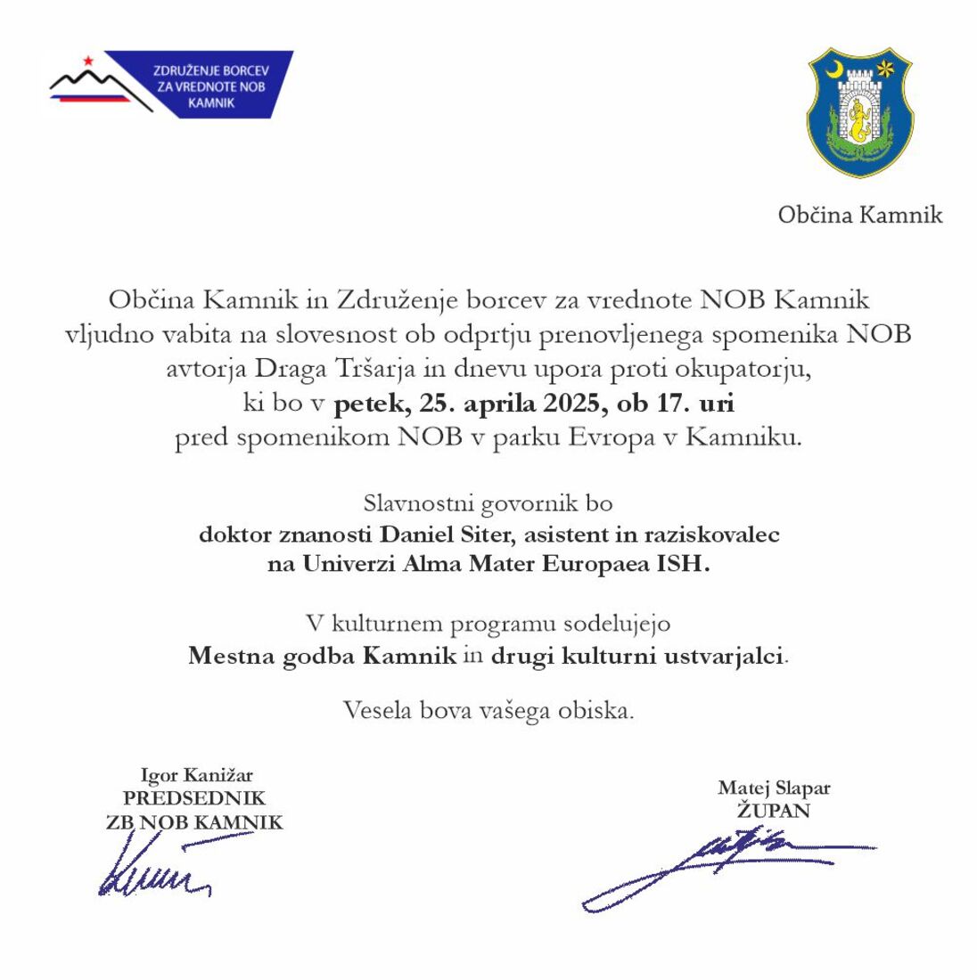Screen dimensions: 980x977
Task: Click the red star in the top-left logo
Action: tap(88, 61)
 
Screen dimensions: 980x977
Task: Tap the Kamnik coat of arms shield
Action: tap(858, 111)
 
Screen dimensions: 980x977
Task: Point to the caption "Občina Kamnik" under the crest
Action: tap(859, 215)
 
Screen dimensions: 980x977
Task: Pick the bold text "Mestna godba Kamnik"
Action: tap(322, 657)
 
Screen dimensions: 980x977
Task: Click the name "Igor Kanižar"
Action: tap(196, 775)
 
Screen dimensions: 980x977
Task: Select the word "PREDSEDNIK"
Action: tap(194, 798)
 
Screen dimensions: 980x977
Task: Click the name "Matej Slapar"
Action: tap(773, 788)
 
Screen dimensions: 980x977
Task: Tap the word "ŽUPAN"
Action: tap(773, 811)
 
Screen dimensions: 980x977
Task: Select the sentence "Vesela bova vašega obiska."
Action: tap(488, 710)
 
